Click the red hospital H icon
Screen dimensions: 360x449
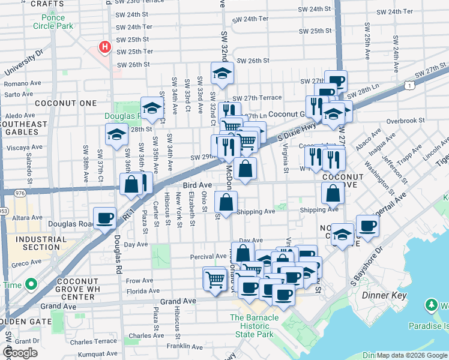click(105, 46)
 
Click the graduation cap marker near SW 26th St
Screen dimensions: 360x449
click(222, 73)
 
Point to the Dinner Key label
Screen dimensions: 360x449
click(385, 296)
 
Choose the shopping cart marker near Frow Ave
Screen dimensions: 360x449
click(214, 278)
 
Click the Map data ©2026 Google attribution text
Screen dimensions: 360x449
click(411, 355)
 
